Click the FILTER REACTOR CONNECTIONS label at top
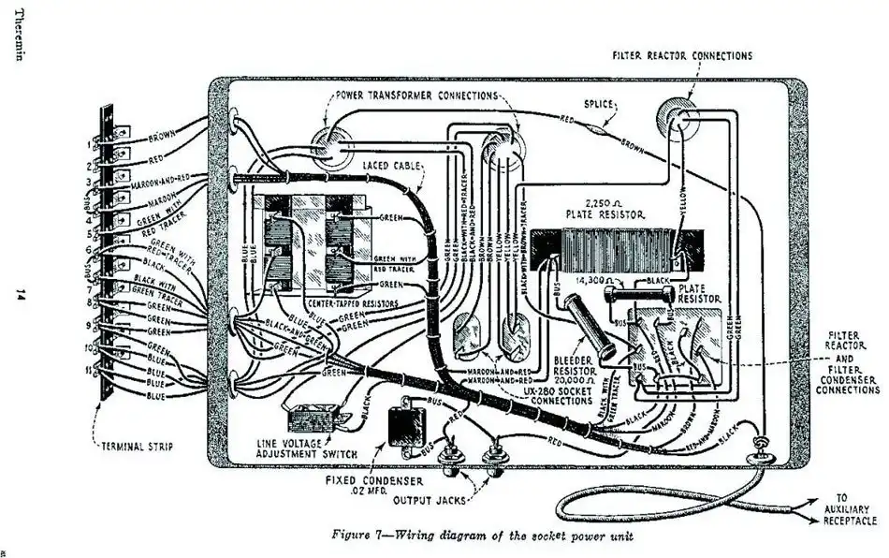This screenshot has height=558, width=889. tap(681, 56)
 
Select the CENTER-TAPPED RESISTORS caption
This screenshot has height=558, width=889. tap(352, 304)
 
